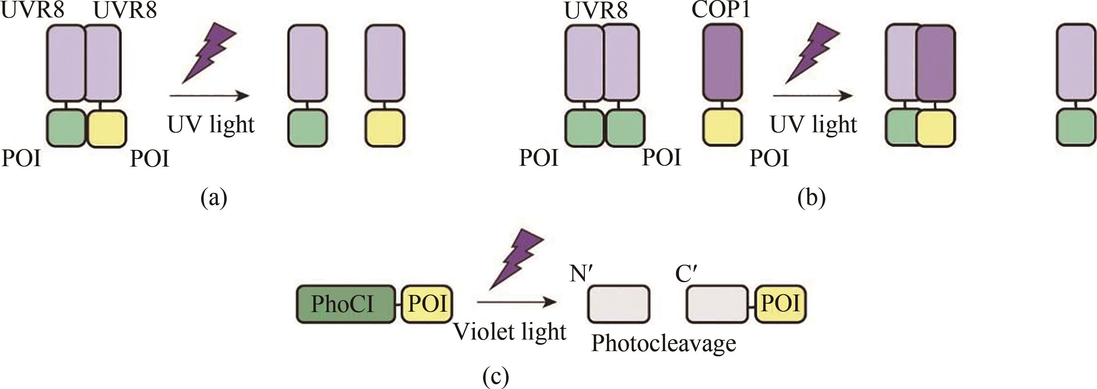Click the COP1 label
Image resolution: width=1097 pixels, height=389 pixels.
pyautogui.click(x=721, y=9)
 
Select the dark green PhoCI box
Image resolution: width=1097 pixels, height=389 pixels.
pyautogui.click(x=345, y=304)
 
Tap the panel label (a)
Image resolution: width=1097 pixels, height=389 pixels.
pyautogui.click(x=214, y=198)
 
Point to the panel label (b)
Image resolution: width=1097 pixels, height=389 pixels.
pyautogui.click(x=811, y=198)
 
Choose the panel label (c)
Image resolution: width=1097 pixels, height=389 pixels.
pyautogui.click(x=496, y=376)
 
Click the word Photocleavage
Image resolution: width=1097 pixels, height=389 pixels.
pyautogui.click(x=664, y=343)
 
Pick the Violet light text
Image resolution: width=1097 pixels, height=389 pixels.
pyautogui.click(x=509, y=332)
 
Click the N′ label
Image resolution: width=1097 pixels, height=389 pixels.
pyautogui.click(x=582, y=273)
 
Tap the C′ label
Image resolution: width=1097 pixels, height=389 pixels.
pyautogui.click(x=686, y=273)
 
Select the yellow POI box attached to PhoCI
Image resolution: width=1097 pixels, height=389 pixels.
pyautogui.click(x=427, y=304)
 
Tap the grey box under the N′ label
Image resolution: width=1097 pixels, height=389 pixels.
pyautogui.click(x=619, y=304)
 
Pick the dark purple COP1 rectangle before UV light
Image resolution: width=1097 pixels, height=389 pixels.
pyautogui.click(x=722, y=62)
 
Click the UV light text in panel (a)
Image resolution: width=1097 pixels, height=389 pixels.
pyautogui.click(x=211, y=125)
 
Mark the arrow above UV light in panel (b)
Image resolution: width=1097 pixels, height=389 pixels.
pyautogui.click(x=813, y=96)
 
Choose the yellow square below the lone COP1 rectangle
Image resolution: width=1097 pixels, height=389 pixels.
pyautogui.click(x=722, y=127)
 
